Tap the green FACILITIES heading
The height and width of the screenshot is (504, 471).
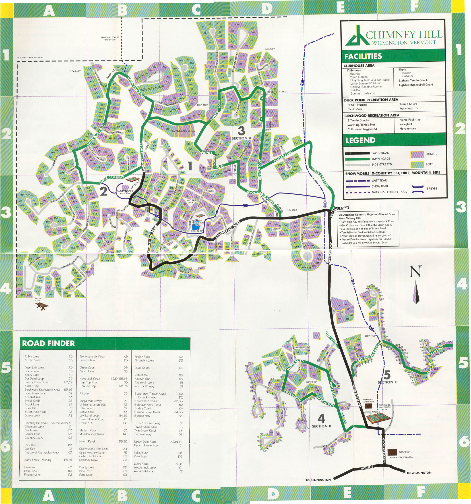(x=363, y=56)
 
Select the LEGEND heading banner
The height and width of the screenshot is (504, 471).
(x=360, y=140)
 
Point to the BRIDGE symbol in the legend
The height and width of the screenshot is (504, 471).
(x=417, y=189)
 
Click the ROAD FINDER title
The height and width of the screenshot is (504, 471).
(x=48, y=343)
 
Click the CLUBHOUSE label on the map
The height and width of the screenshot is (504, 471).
(x=125, y=191)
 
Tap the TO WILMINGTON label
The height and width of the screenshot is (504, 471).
(x=419, y=473)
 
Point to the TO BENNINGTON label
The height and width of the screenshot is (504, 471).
(x=318, y=480)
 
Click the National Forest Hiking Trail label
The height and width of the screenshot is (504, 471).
(x=110, y=39)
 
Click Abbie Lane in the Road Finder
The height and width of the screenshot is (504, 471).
(x=32, y=356)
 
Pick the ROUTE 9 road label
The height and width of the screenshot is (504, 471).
(x=367, y=467)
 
